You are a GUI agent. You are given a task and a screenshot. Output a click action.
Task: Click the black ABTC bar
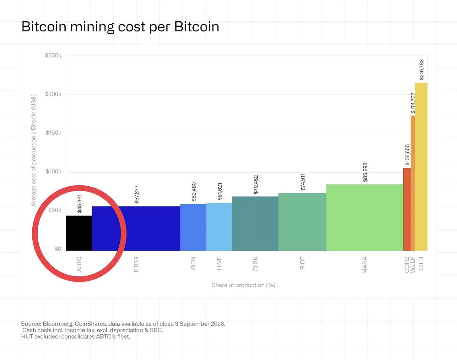point(79,233)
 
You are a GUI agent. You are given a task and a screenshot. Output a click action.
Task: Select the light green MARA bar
point(365,218)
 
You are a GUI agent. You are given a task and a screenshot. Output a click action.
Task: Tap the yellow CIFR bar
point(421,167)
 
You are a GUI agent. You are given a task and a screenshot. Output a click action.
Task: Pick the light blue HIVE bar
point(219,227)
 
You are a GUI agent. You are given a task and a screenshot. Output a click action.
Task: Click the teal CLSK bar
point(255,224)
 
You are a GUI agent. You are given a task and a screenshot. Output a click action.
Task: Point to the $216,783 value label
point(422,70)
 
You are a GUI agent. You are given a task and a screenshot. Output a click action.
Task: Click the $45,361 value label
point(79,204)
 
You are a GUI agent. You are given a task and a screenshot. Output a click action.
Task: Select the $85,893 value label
point(365,172)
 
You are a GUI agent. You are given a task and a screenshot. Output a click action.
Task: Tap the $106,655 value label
point(407,155)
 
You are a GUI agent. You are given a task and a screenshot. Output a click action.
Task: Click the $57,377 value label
point(137,195)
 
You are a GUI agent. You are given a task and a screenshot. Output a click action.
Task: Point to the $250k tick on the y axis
point(53,56)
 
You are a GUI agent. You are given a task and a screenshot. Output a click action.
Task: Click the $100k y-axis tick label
point(53,171)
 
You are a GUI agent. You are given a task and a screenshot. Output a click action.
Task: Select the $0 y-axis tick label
point(58,249)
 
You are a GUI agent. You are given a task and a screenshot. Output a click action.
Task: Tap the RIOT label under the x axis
point(302,263)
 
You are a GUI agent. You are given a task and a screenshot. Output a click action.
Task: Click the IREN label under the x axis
point(193,263)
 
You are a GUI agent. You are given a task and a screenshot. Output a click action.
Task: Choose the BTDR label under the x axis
point(136,264)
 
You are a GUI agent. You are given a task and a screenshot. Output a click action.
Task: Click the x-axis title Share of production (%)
point(243,285)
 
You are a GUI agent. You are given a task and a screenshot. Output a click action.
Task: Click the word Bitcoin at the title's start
point(44,27)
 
